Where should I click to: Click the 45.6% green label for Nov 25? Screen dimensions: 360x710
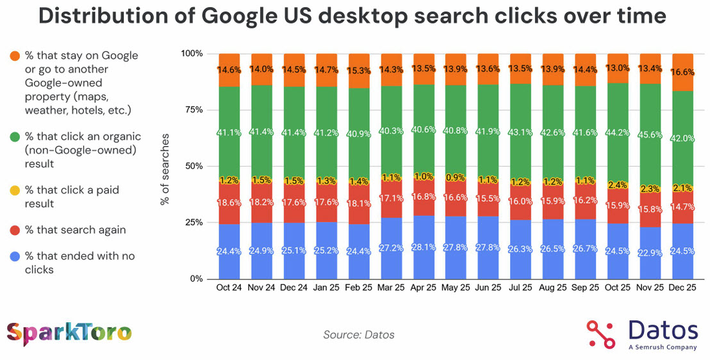[x=649, y=136]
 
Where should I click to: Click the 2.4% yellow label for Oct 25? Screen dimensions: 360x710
[x=617, y=186]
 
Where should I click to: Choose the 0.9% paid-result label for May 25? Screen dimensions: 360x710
[x=455, y=177]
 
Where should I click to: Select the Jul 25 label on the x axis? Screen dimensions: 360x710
[x=520, y=288]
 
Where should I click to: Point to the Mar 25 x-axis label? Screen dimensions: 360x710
[x=390, y=288]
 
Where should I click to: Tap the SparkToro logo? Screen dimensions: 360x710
[x=69, y=333]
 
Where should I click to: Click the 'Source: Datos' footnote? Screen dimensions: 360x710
[x=359, y=334]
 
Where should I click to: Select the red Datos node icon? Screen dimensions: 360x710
[x=601, y=334]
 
